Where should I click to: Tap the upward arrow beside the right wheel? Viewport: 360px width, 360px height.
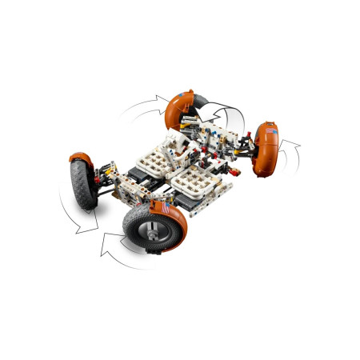coord(295,147)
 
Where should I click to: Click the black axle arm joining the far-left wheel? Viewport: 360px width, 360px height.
coord(104,190)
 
